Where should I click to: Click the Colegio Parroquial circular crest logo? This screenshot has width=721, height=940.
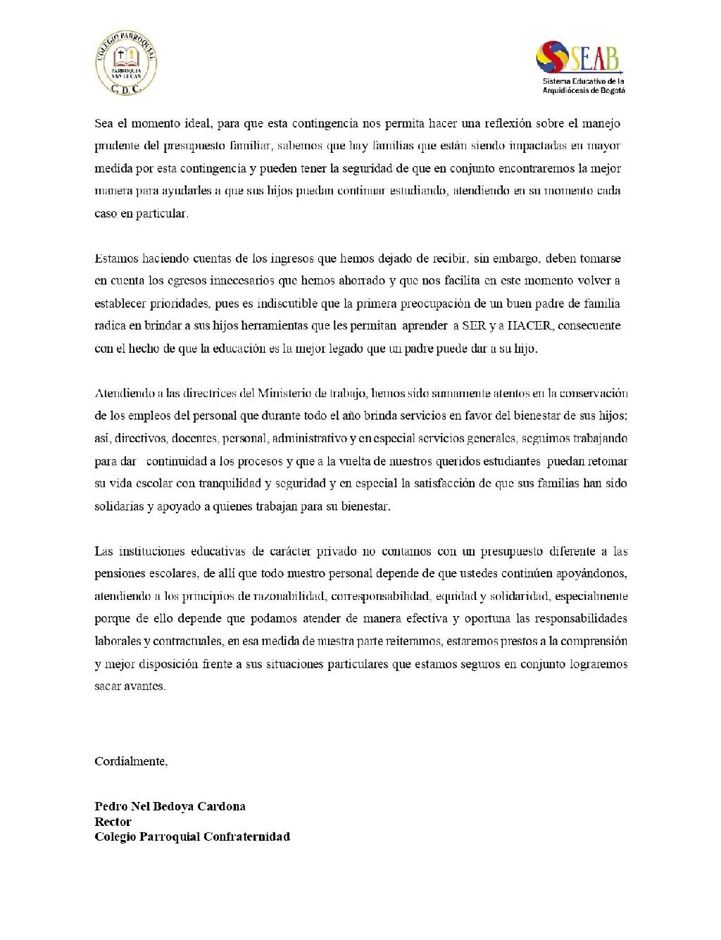[126, 65]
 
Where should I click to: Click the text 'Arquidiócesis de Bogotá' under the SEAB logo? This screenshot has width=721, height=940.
[584, 90]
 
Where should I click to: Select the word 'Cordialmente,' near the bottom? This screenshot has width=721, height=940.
[131, 761]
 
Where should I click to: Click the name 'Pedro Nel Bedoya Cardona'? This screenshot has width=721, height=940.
[170, 806]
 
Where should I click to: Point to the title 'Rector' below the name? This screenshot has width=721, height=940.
[113, 821]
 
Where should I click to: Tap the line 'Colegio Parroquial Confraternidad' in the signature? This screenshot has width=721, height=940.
[192, 836]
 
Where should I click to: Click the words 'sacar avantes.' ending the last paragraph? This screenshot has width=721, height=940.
[130, 686]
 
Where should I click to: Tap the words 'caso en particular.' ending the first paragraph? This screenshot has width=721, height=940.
[142, 213]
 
